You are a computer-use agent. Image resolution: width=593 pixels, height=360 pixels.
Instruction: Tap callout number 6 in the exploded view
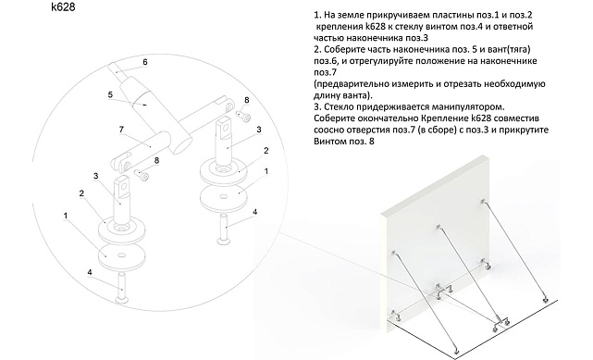coord(144,63)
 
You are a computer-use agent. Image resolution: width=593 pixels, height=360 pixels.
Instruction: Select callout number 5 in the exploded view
coord(109,93)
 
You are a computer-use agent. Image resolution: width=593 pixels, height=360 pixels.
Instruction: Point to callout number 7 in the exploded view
coord(120,129)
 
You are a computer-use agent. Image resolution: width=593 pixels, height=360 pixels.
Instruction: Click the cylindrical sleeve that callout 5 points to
coord(147,104)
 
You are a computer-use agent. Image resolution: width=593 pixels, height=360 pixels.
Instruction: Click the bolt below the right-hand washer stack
coord(225,226)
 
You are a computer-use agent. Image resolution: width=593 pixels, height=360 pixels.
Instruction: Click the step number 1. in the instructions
coord(317,16)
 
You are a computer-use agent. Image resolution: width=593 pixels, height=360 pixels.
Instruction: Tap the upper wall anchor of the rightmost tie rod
coord(483,201)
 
